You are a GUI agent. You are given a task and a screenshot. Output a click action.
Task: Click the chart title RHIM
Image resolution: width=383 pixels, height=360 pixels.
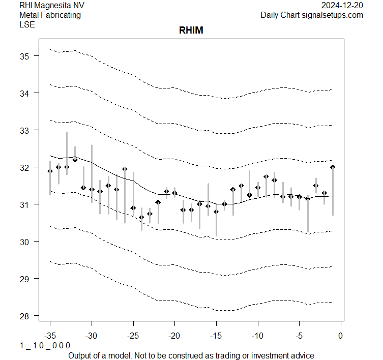pos(191,31)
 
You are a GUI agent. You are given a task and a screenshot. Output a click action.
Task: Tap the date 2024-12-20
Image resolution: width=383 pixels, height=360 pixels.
pos(342,5)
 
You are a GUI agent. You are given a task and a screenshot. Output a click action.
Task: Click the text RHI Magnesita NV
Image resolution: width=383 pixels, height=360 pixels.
pos(52,5)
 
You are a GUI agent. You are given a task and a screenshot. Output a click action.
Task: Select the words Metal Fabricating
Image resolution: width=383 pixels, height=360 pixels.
pos(50,15)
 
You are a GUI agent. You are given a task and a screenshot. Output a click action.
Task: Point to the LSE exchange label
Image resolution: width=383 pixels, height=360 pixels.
pos(27,24)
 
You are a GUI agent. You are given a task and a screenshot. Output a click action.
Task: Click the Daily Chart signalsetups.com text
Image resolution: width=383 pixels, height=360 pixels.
pos(312,15)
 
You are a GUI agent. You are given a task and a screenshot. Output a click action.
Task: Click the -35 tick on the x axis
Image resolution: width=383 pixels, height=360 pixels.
pos(50,336)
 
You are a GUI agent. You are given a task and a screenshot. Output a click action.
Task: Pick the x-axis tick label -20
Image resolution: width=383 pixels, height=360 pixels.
pos(174,336)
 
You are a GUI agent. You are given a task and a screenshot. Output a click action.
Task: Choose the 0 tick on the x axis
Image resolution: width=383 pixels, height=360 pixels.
pos(341,336)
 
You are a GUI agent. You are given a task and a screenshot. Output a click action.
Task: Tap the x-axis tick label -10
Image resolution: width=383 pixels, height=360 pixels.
pos(257,336)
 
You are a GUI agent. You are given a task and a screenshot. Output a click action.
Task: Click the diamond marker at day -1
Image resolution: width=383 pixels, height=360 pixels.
pos(333,167)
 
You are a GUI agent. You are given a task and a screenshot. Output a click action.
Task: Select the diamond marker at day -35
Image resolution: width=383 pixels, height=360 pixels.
pos(50,171)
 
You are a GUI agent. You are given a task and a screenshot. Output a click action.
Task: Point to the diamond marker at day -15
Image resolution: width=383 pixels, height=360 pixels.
pos(216,212)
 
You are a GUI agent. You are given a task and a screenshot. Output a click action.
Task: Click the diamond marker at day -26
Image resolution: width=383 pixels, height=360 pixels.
pos(125,169)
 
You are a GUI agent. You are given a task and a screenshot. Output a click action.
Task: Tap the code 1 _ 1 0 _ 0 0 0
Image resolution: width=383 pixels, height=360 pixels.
pos(45,345)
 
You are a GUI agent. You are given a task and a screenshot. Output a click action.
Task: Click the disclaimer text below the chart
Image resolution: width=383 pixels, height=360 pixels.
pos(191,355)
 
